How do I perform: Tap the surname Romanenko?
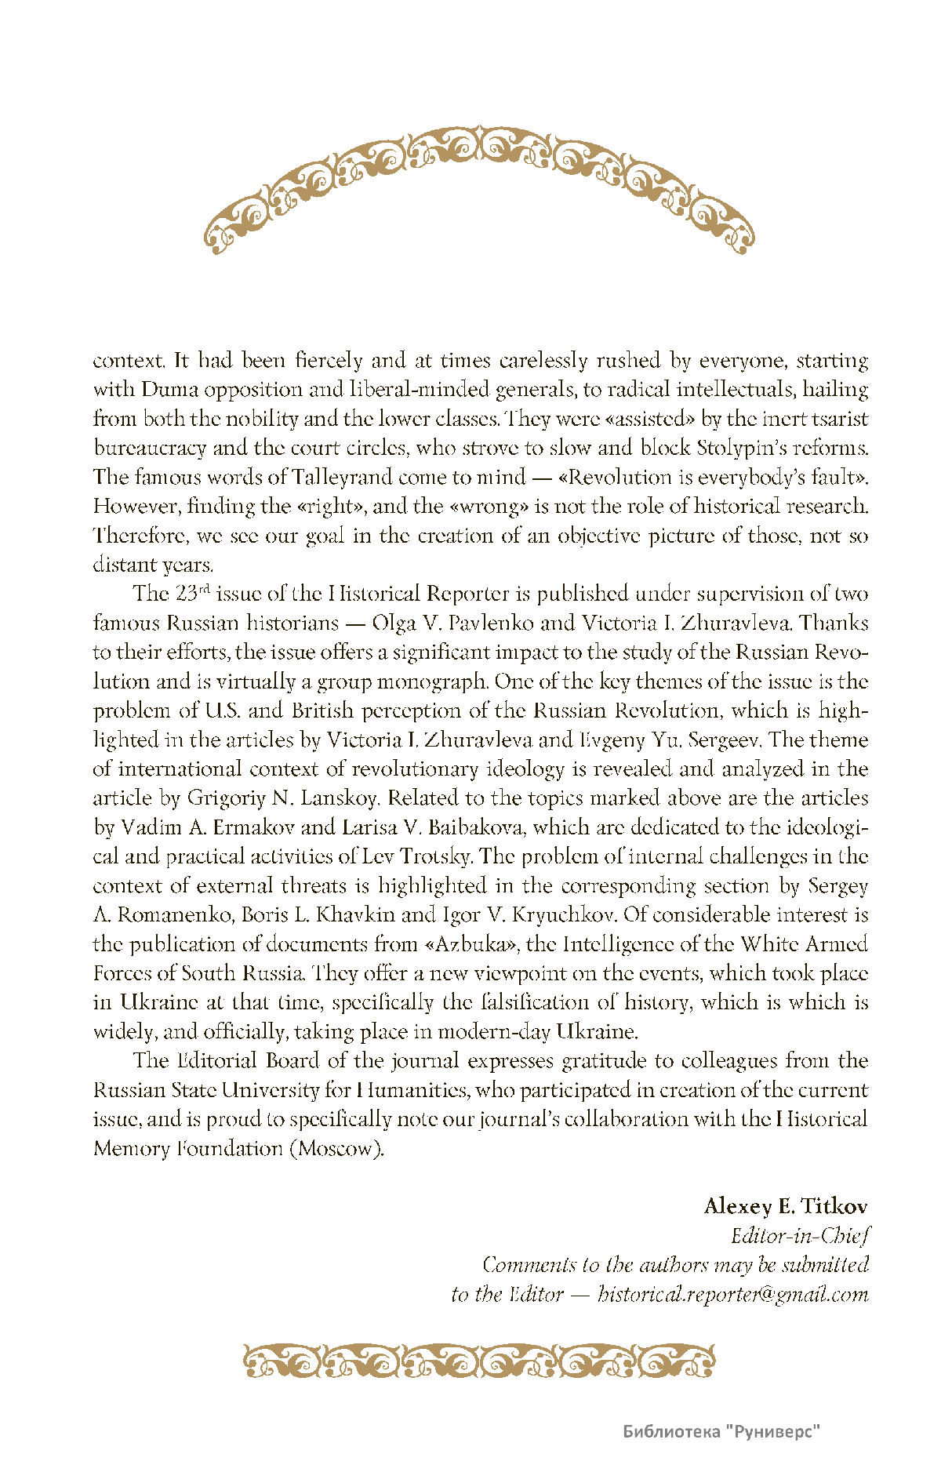coord(175,914)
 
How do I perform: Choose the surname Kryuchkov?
coord(564,914)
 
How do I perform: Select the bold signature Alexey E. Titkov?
coord(786,1205)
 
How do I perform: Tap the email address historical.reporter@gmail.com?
coord(732,1294)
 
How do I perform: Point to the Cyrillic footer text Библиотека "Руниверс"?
coord(721,1431)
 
